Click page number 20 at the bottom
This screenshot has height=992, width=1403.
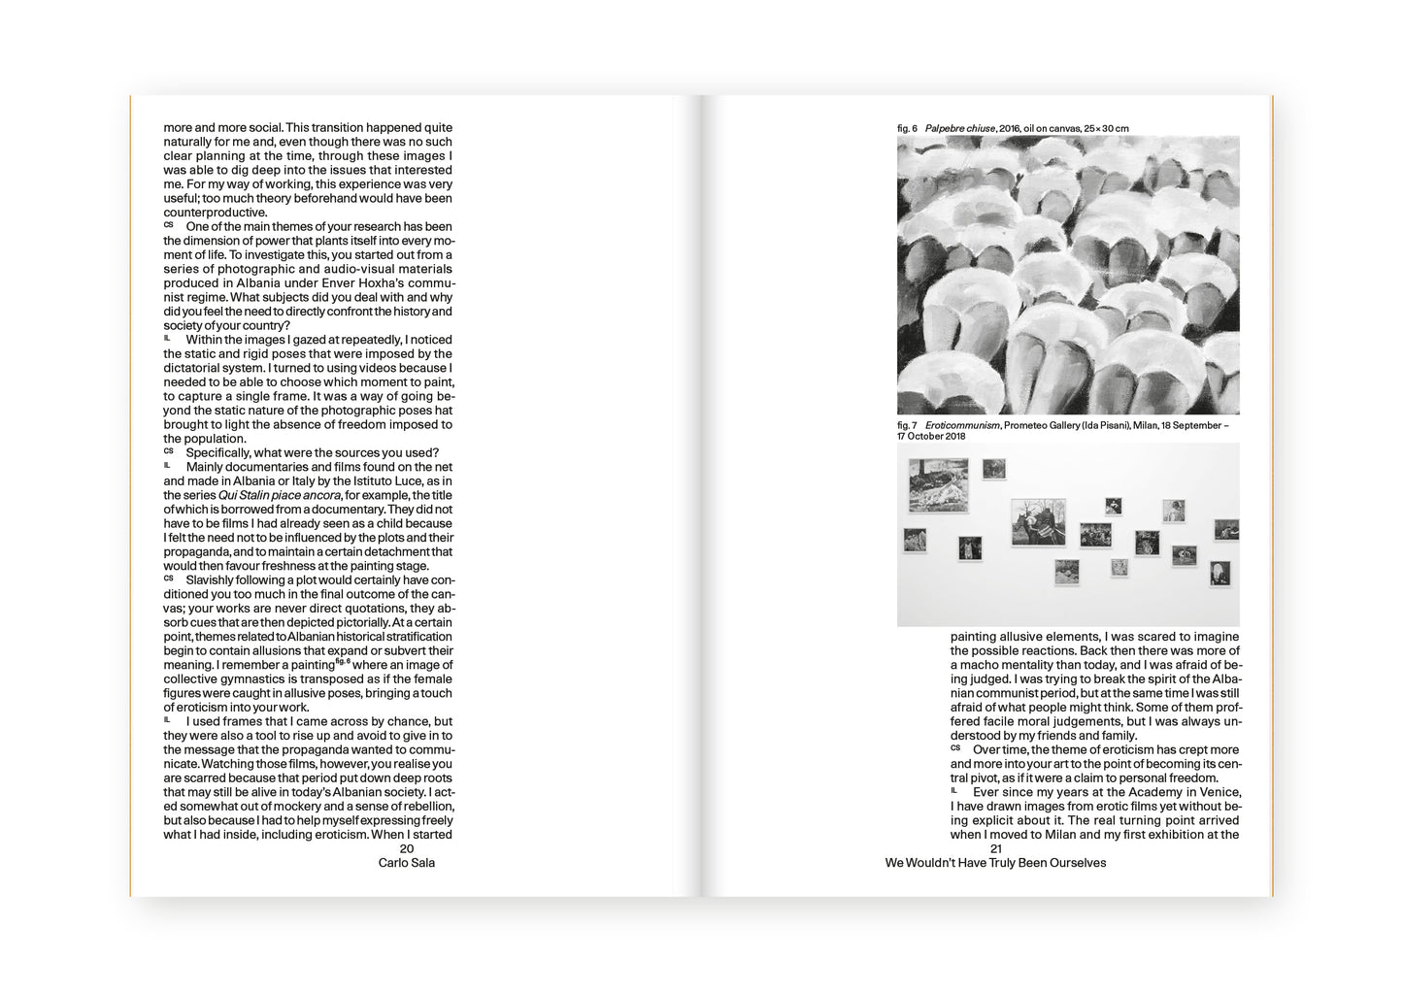407,848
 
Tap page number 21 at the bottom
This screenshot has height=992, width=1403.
995,848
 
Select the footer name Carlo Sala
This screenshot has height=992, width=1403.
406,863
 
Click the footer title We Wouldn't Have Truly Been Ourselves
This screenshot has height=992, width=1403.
995,863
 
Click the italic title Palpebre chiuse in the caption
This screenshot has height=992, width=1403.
959,128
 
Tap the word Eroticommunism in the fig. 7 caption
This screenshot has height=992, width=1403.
961,425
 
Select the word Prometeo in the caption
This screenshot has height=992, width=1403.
1026,425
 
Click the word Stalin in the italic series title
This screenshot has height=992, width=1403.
251,495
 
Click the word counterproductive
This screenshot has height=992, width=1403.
215,213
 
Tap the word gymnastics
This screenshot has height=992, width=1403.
255,679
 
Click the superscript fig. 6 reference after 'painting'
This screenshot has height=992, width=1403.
342,662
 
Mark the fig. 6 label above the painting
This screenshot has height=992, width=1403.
907,128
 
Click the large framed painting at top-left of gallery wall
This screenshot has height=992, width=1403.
938,485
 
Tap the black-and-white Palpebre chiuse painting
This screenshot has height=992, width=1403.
1068,275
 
